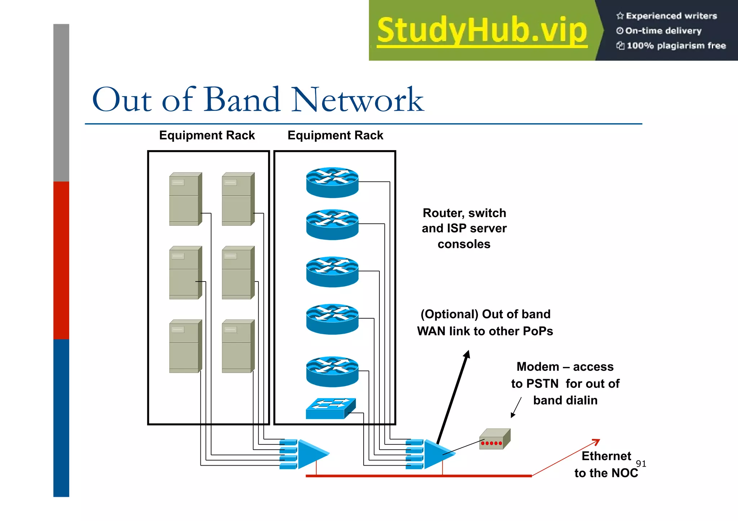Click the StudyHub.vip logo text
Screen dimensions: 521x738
[x=482, y=31]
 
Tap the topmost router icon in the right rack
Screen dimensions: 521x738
[x=332, y=182]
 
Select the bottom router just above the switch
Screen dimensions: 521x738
[x=332, y=372]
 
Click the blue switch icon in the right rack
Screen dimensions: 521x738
[x=330, y=409]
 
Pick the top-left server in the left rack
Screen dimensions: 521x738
[x=185, y=199]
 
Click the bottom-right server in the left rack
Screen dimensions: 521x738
[x=238, y=346]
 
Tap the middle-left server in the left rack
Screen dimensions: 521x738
[x=185, y=273]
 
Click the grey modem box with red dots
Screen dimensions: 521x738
[x=495, y=439]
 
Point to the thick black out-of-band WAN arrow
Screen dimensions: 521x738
[x=453, y=396]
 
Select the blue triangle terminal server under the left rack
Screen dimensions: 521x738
[x=312, y=454]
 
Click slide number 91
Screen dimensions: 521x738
[x=641, y=464]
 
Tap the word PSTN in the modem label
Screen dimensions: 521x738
[x=543, y=384]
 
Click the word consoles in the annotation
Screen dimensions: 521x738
[x=464, y=244]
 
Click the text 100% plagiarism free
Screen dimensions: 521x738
[x=676, y=46]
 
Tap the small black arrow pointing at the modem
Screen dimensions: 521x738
[x=516, y=408]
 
